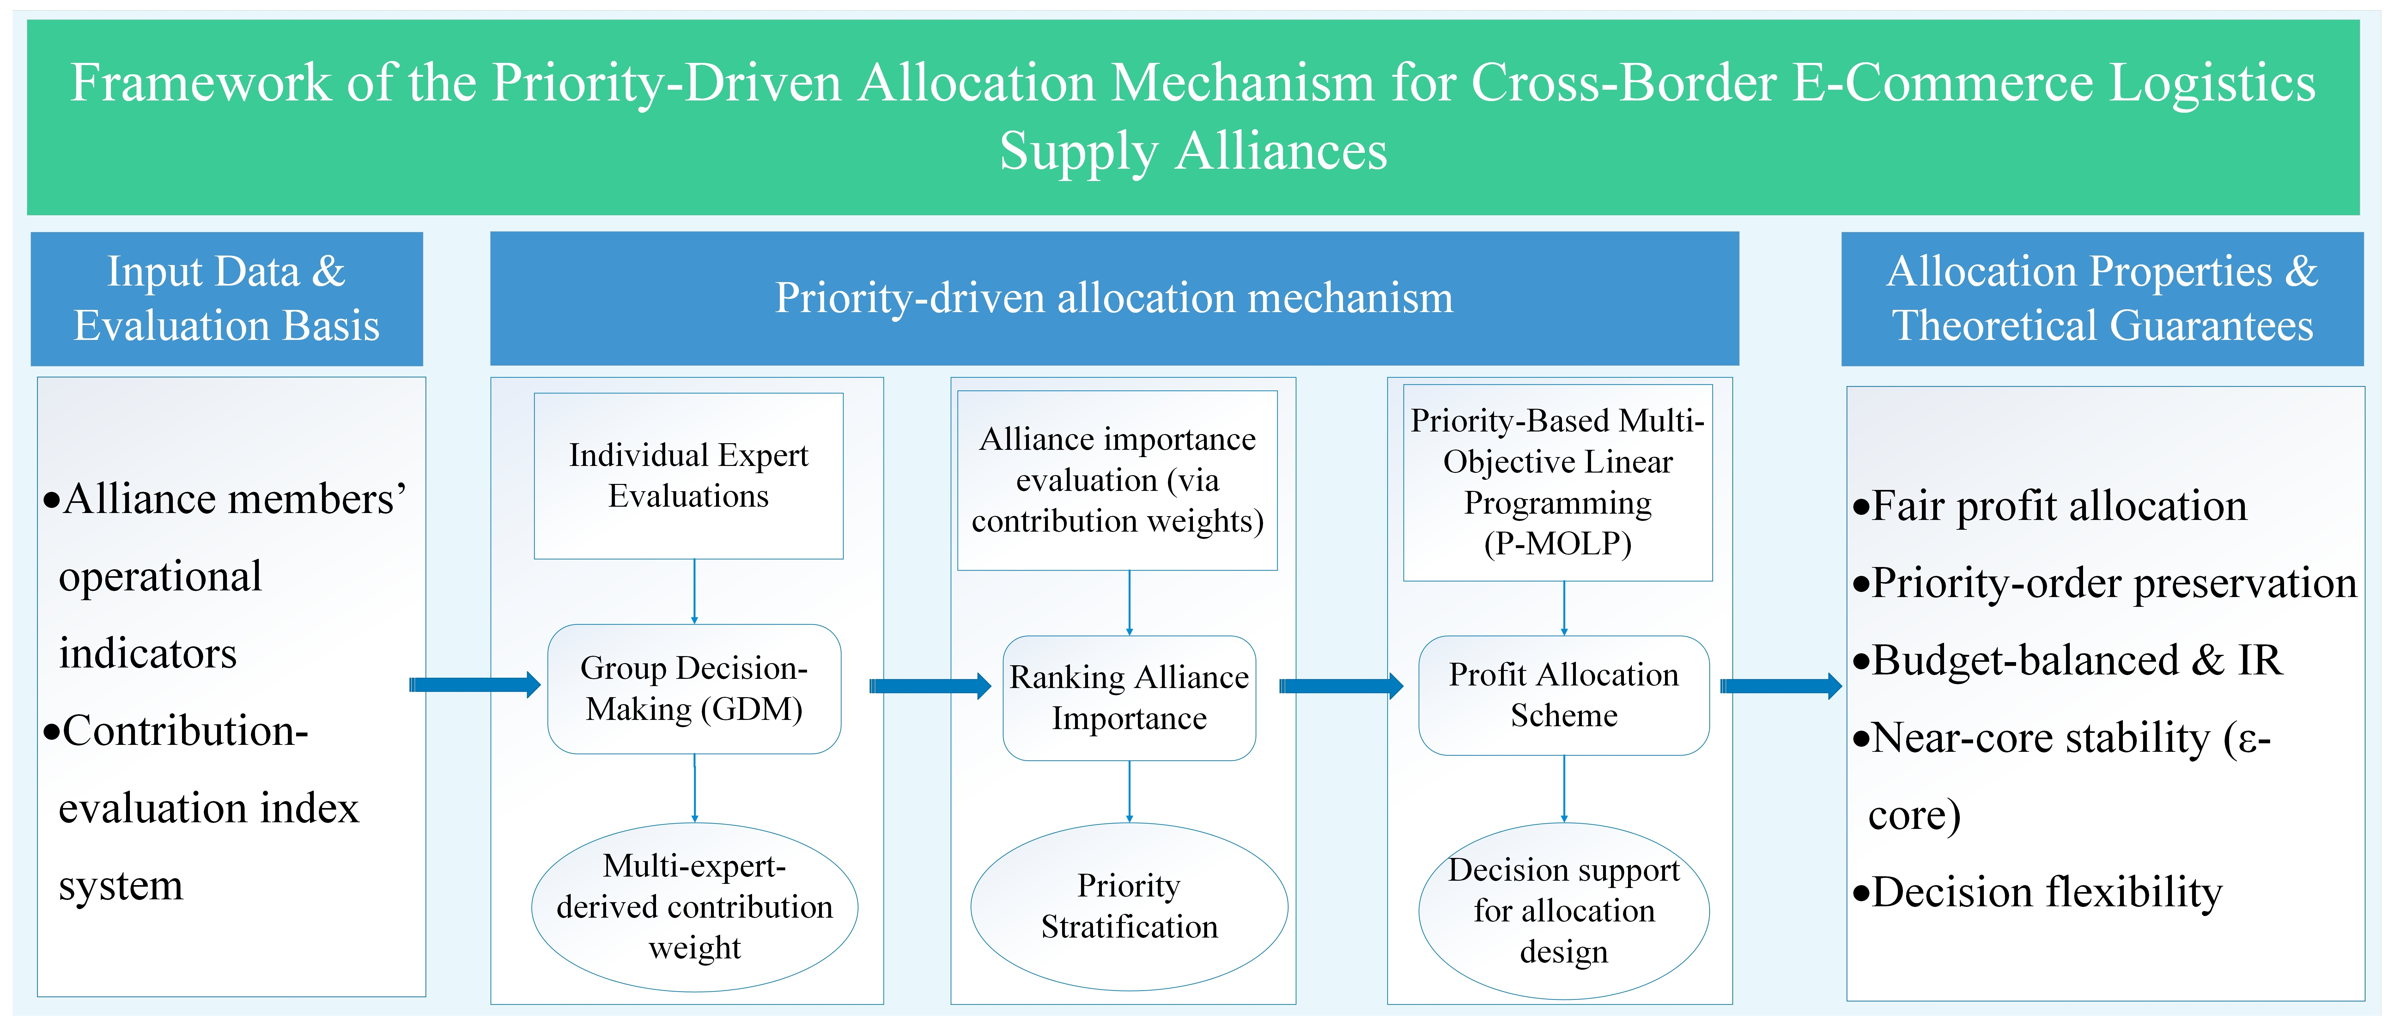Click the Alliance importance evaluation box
point(1117,480)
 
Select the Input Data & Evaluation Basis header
point(227,298)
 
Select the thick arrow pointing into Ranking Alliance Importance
point(929,686)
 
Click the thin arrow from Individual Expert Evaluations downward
point(694,591)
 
